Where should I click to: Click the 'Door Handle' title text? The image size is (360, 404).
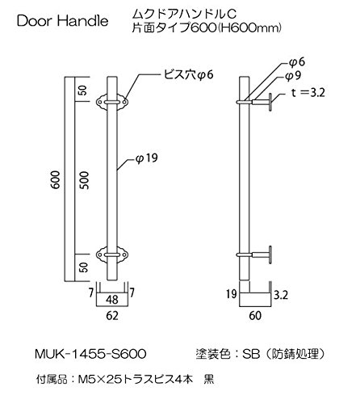(x=62, y=21)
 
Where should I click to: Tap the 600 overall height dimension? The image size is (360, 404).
(x=56, y=179)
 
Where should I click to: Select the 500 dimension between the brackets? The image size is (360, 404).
(x=84, y=180)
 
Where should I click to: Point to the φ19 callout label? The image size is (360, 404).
(x=147, y=158)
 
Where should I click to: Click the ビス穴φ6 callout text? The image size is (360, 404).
(x=188, y=74)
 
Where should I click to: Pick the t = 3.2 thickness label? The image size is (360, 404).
(x=308, y=93)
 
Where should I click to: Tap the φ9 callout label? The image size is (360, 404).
(x=293, y=76)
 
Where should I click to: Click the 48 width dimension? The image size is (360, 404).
(x=112, y=300)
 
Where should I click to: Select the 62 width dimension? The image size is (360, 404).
(x=112, y=316)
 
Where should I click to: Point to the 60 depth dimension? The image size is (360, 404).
(x=255, y=315)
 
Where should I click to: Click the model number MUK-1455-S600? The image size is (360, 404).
(x=90, y=354)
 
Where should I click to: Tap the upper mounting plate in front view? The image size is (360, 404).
(x=112, y=102)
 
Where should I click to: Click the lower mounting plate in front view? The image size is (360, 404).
(x=112, y=255)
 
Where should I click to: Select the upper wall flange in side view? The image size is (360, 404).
(x=270, y=102)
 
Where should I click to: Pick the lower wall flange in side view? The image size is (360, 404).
(x=270, y=255)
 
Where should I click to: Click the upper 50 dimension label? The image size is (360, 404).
(x=84, y=90)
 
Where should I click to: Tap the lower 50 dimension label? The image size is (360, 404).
(x=84, y=267)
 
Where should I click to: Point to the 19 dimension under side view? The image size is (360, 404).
(x=231, y=293)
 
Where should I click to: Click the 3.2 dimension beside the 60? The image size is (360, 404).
(x=281, y=295)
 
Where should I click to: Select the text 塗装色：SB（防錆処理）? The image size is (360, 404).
(x=261, y=354)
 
